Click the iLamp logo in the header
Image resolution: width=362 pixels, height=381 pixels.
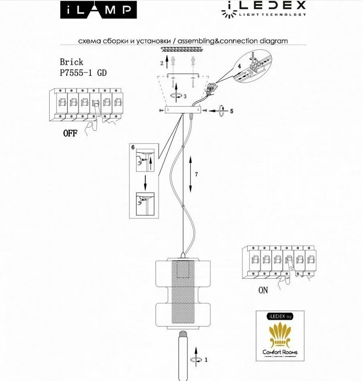coord(98,10)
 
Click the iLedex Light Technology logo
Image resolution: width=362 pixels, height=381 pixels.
coord(263,9)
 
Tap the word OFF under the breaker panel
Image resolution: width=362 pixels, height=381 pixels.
coord(70,134)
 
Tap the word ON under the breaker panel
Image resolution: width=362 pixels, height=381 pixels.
coord(263,290)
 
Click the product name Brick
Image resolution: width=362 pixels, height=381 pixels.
coord(71,62)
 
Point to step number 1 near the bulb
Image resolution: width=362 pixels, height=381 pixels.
coord(206,360)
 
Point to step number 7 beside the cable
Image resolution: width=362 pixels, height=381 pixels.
coord(196,174)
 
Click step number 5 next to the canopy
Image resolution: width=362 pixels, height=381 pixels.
coord(231,111)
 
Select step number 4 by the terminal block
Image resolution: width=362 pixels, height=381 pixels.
coord(239,65)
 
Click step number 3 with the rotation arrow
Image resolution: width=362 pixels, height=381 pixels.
coord(185,97)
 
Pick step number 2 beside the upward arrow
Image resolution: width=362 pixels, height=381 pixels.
coord(162,63)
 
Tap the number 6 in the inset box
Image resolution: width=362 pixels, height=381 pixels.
coord(133,147)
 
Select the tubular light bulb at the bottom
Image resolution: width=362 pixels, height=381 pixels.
coord(183,355)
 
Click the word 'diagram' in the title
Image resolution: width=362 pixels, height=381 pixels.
coord(274,41)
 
